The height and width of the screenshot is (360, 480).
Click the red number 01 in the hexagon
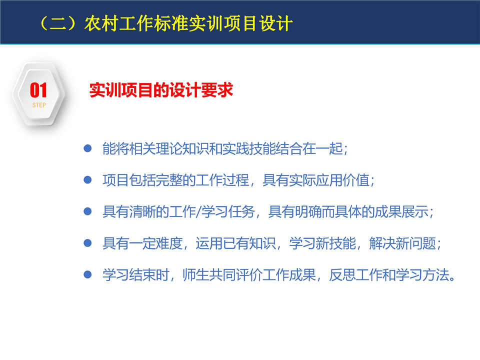(x=38, y=90)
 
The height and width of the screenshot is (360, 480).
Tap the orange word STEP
(x=39, y=105)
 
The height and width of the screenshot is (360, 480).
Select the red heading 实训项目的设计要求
(x=161, y=90)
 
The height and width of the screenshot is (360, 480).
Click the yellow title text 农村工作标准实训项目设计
(x=188, y=23)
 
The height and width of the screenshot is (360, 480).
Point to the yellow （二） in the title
(x=58, y=23)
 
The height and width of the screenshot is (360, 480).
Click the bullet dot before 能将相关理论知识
(x=88, y=149)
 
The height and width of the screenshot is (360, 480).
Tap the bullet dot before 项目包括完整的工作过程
(x=88, y=180)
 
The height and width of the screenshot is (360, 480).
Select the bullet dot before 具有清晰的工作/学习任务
(x=88, y=211)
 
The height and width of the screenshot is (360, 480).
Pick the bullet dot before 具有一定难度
(x=88, y=243)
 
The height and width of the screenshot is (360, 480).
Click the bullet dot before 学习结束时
(x=88, y=274)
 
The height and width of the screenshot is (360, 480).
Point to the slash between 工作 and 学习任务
(x=198, y=211)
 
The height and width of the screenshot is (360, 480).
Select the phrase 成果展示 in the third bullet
(x=401, y=211)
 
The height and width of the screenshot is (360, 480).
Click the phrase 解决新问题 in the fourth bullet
(x=402, y=243)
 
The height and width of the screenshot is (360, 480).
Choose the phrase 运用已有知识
(x=235, y=243)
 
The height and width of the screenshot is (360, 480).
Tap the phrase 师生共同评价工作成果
(x=249, y=274)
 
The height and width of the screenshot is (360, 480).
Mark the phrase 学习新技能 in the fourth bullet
(x=322, y=243)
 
